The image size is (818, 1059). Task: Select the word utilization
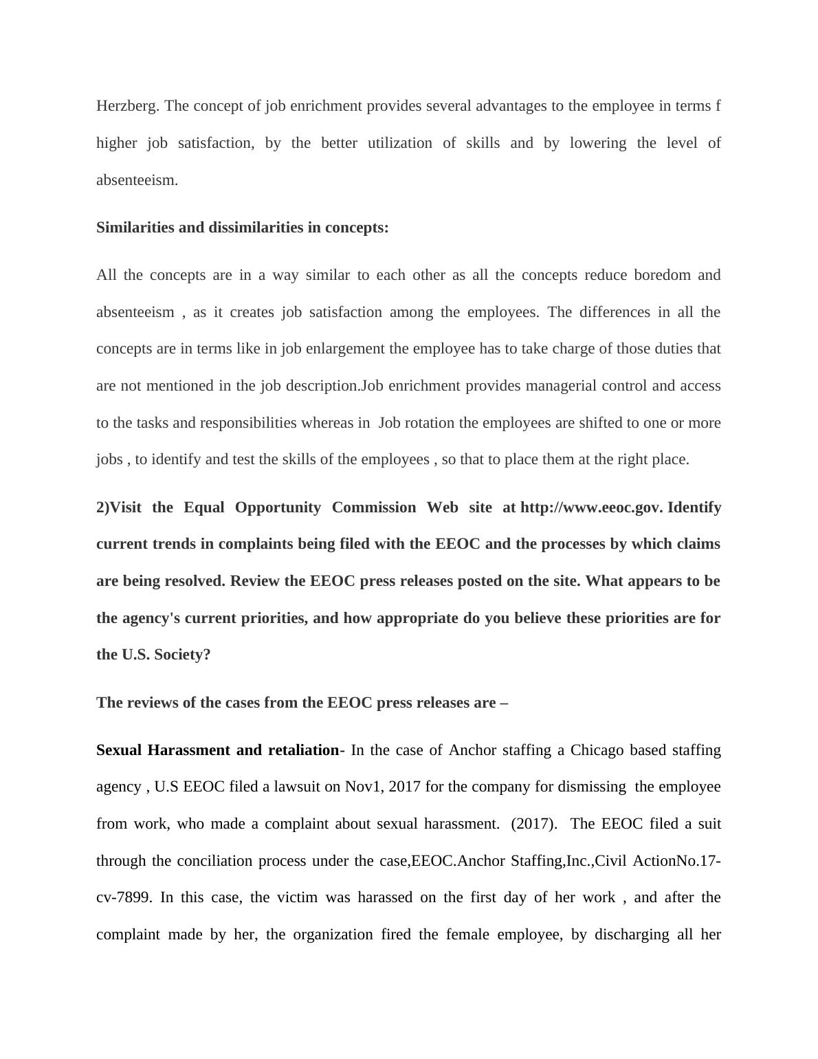point(400,143)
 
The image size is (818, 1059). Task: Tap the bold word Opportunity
point(278,507)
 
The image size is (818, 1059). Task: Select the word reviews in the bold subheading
point(148,703)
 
